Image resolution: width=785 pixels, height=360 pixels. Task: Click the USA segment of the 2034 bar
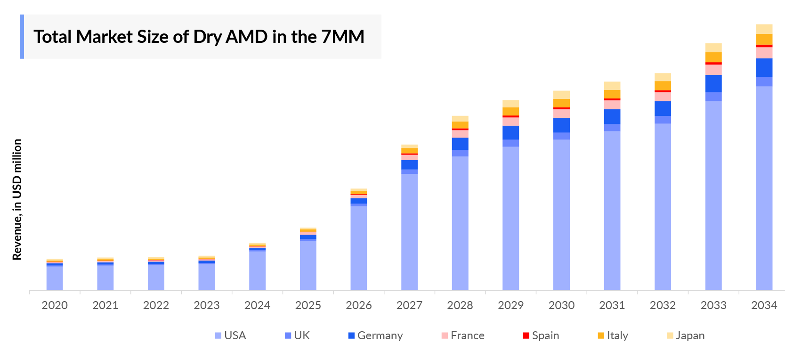point(764,188)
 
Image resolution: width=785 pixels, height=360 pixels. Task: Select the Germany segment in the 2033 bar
point(713,83)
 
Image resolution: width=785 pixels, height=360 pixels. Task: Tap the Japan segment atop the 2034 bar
point(764,29)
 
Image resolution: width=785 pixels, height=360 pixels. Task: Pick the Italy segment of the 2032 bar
point(663,85)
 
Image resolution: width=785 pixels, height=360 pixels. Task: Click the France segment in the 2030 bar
point(561,114)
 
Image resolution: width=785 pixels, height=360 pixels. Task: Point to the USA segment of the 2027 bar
point(409,231)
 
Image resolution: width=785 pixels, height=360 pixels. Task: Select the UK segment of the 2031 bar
point(612,127)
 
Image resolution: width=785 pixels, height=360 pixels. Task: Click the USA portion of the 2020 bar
point(55,278)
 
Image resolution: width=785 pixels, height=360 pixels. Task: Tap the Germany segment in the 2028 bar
point(460,144)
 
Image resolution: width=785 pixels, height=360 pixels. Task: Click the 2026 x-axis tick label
point(358,305)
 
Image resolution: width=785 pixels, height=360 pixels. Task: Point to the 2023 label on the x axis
point(206,305)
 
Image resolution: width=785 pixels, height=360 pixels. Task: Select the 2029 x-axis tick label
point(510,305)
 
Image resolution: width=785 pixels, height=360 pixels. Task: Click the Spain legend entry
point(541,335)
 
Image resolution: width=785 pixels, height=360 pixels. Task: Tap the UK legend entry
point(297,335)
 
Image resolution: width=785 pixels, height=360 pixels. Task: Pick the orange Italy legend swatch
point(601,335)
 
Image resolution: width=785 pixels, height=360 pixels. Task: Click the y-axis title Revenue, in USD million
point(17,199)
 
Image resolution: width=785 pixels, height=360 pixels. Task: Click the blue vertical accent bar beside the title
point(22,37)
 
